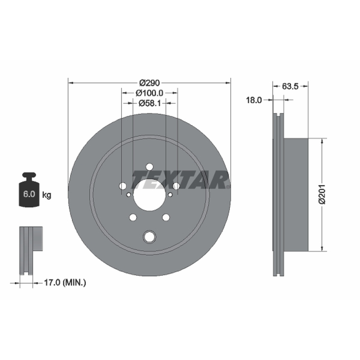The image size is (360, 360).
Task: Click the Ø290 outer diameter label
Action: coord(149,82)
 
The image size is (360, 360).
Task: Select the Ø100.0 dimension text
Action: coord(149,93)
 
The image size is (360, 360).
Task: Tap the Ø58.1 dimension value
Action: coord(150,103)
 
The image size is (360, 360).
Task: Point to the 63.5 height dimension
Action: coord(290,86)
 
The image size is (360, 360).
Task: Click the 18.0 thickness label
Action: coord(254,100)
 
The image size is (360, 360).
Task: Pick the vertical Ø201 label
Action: coord(322,194)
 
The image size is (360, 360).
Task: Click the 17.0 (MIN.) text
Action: coord(65,283)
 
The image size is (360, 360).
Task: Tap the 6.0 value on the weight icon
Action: coord(29,194)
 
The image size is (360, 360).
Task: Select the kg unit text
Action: coord(47,195)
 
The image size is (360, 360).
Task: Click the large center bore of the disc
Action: coord(149,195)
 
